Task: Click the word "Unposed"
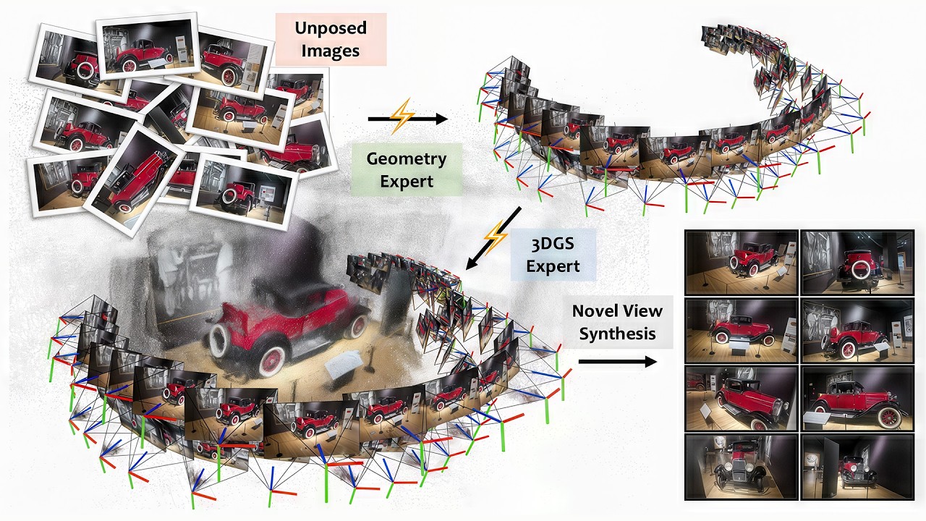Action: tap(331, 28)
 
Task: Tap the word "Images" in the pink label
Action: tap(331, 51)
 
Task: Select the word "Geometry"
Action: tap(406, 158)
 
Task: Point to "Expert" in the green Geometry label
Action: tap(406, 181)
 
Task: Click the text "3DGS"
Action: tap(553, 243)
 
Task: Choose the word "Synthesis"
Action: tap(617, 334)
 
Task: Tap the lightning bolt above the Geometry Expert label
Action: tap(402, 117)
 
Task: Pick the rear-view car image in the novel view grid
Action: tap(857, 262)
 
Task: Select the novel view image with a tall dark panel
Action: tap(857, 467)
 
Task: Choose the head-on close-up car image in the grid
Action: tap(741, 467)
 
